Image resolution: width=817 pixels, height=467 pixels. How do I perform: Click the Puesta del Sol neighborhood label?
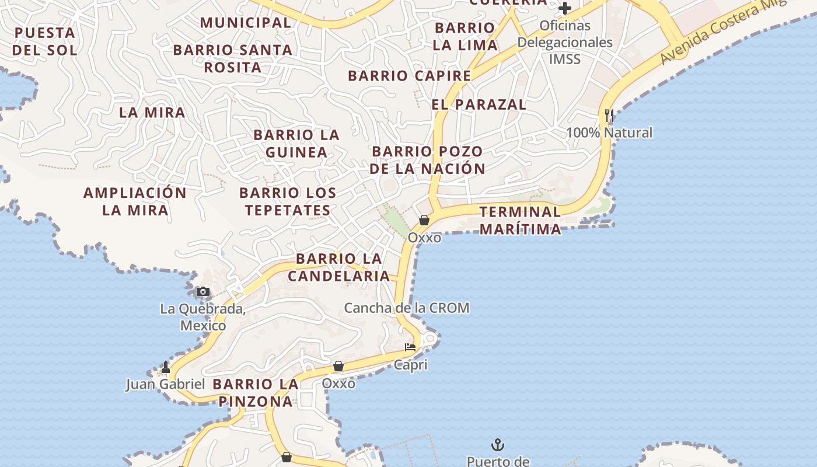click(44, 41)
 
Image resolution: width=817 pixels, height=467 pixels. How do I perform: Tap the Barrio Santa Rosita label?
click(233, 58)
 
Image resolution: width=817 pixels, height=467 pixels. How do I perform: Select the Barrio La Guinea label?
click(296, 144)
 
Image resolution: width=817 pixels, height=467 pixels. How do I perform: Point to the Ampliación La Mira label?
click(135, 201)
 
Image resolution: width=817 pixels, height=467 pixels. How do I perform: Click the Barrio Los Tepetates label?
click(288, 201)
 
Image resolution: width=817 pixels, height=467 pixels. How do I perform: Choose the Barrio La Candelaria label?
click(338, 267)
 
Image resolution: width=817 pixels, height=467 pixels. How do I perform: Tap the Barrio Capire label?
click(409, 76)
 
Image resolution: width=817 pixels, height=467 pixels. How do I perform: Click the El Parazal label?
click(479, 104)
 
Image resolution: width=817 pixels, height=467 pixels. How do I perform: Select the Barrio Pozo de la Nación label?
click(427, 160)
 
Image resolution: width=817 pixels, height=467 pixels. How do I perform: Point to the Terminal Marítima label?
click(520, 220)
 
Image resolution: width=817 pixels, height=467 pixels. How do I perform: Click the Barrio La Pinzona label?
click(256, 393)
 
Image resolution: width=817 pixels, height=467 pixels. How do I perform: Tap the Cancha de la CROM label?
click(406, 308)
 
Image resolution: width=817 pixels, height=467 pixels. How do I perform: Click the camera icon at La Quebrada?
click(202, 291)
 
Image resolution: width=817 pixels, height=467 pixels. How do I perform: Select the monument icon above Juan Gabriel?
click(166, 367)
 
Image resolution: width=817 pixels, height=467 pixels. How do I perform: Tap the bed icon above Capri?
click(410, 347)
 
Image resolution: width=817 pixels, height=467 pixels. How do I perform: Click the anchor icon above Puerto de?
click(497, 445)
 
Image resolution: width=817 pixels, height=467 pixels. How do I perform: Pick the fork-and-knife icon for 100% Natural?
click(609, 116)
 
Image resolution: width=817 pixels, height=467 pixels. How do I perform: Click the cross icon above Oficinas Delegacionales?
click(564, 8)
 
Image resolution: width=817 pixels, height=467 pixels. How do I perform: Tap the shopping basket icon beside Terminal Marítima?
click(424, 220)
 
